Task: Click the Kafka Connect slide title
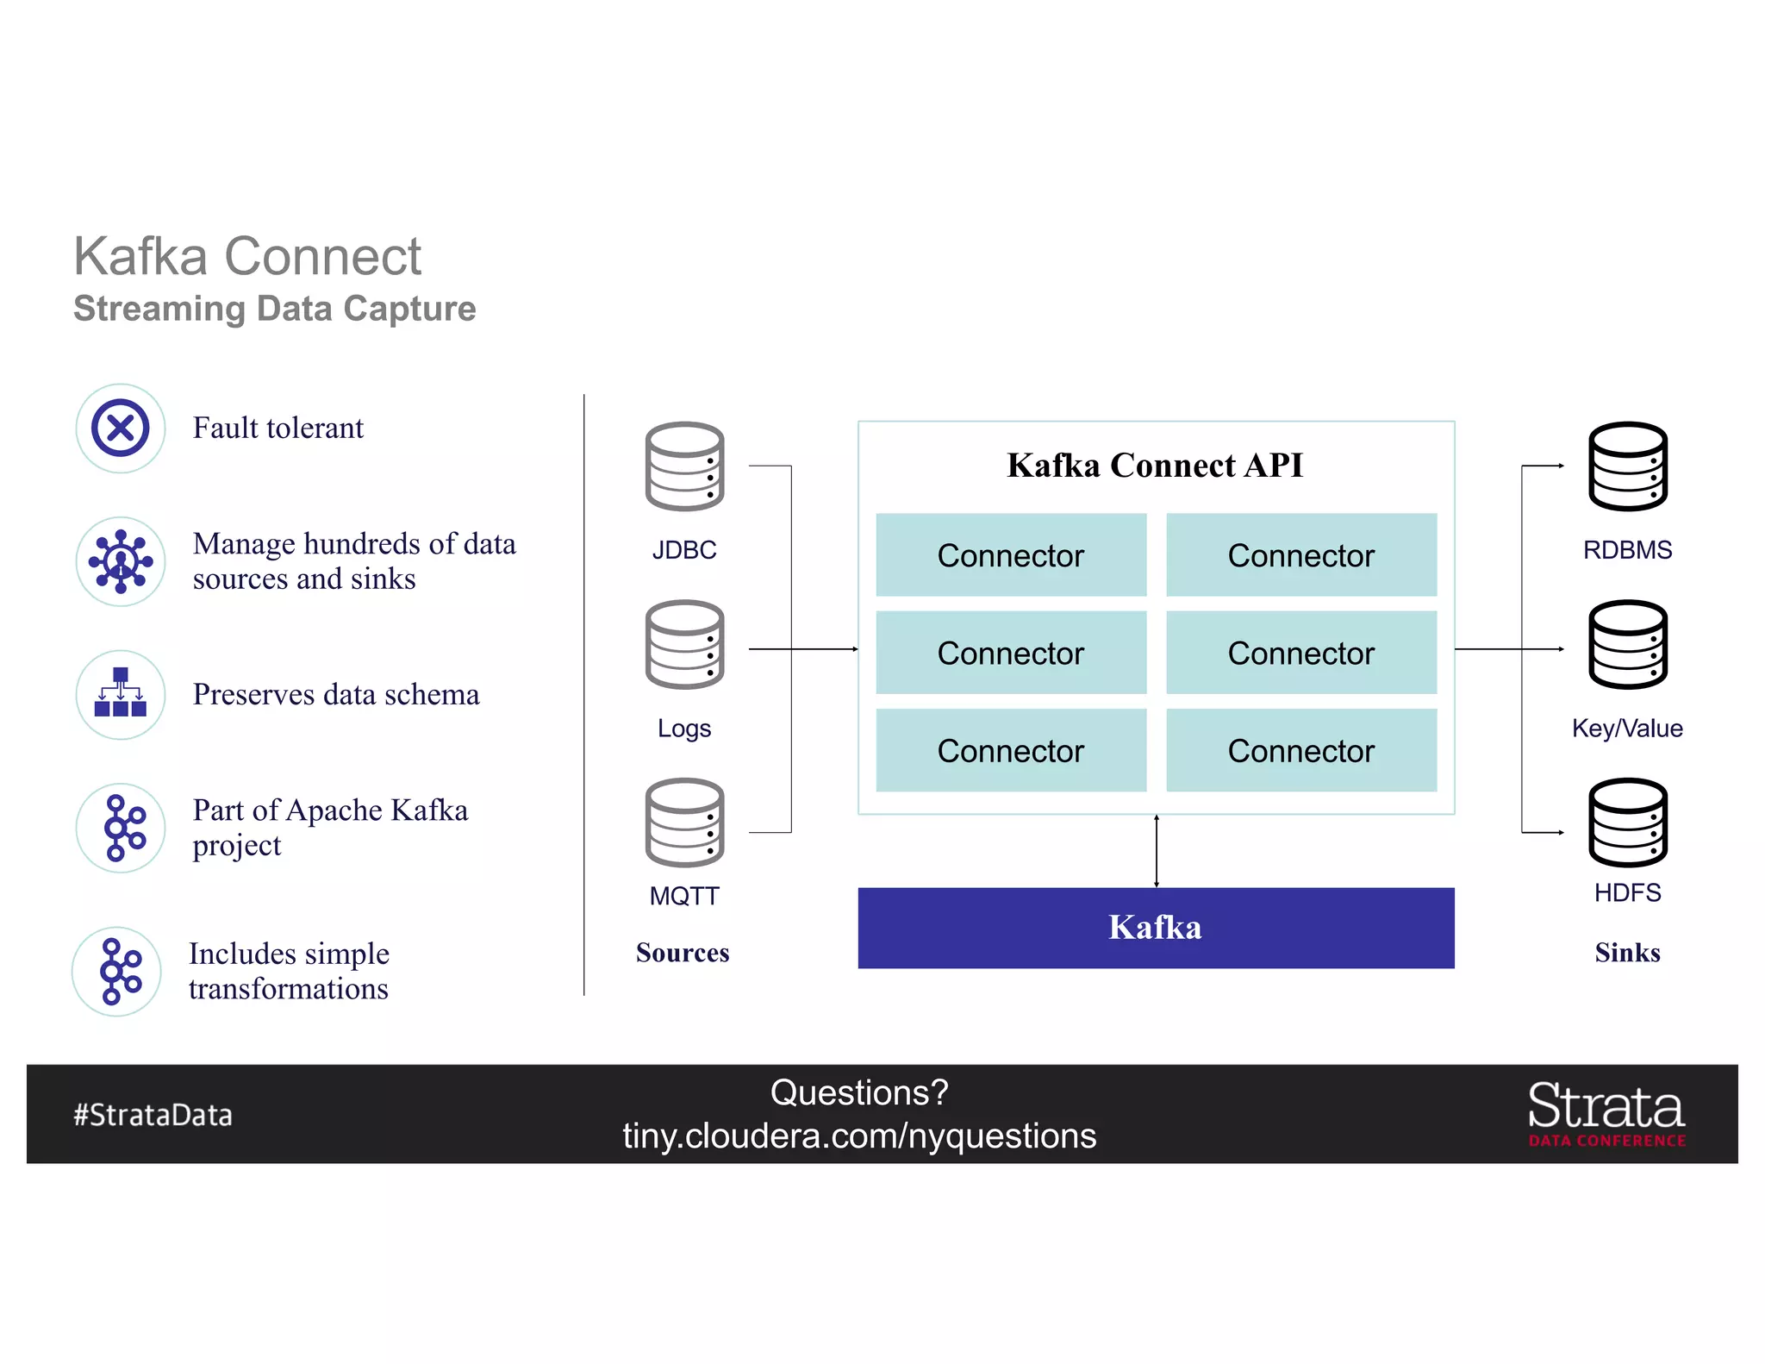(247, 257)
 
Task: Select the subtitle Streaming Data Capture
(274, 309)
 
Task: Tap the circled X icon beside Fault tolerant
(121, 428)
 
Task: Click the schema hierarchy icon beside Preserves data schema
(121, 693)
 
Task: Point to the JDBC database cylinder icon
(684, 466)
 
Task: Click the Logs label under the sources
(684, 729)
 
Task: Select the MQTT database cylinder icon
(684, 823)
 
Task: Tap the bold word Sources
(683, 953)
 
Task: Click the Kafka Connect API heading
(1155, 466)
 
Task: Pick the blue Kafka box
(1155, 928)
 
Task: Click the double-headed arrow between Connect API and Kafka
(1157, 851)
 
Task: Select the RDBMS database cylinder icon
(1627, 466)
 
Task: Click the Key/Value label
(1627, 729)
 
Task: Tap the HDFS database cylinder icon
(1627, 823)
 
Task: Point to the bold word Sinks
(1627, 953)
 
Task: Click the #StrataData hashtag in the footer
(153, 1115)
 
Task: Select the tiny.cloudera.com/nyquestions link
(859, 1136)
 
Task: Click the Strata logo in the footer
(1606, 1113)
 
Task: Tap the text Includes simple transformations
(289, 971)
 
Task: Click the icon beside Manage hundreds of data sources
(121, 561)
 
